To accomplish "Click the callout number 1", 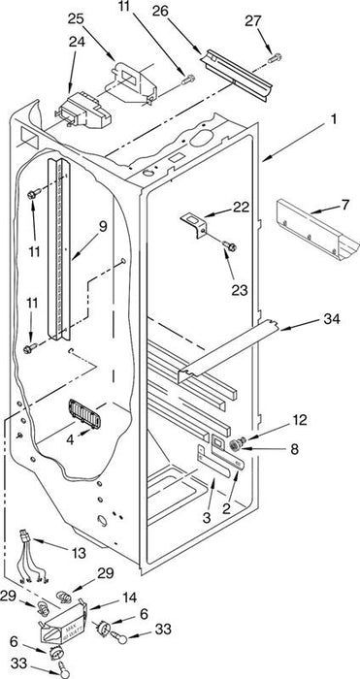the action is point(334,118).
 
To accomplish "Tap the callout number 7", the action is point(344,205).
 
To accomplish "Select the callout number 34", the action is point(332,319).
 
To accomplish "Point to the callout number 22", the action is point(242,207).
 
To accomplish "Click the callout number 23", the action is point(239,290).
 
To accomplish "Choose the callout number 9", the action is point(102,227).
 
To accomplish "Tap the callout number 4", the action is point(70,441).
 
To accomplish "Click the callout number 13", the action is point(78,553).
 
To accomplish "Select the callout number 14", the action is point(129,598).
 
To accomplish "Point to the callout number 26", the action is point(160,12).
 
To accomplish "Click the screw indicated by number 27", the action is point(275,57).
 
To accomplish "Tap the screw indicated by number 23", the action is point(229,246).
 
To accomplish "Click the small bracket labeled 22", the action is point(194,224).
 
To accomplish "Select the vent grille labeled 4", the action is point(84,414).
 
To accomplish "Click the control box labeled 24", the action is point(82,112).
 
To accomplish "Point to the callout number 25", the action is point(76,19).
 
